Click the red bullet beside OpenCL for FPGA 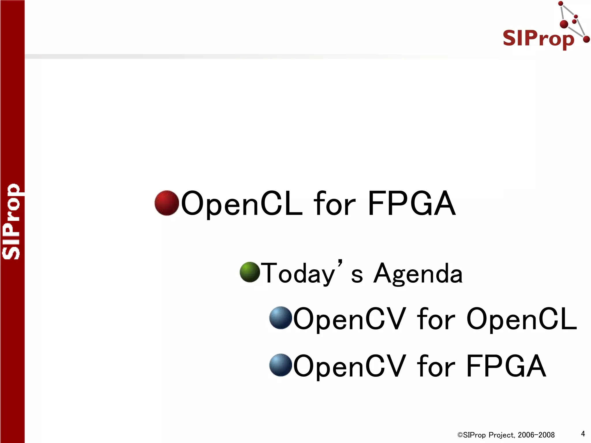(x=167, y=203)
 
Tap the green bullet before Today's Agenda (x=250, y=272)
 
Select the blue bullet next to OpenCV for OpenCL (x=280, y=318)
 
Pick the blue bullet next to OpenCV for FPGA (x=280, y=365)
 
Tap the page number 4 (x=583, y=433)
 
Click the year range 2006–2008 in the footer (x=536, y=435)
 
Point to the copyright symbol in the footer (x=460, y=435)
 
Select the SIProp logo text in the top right (x=538, y=39)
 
